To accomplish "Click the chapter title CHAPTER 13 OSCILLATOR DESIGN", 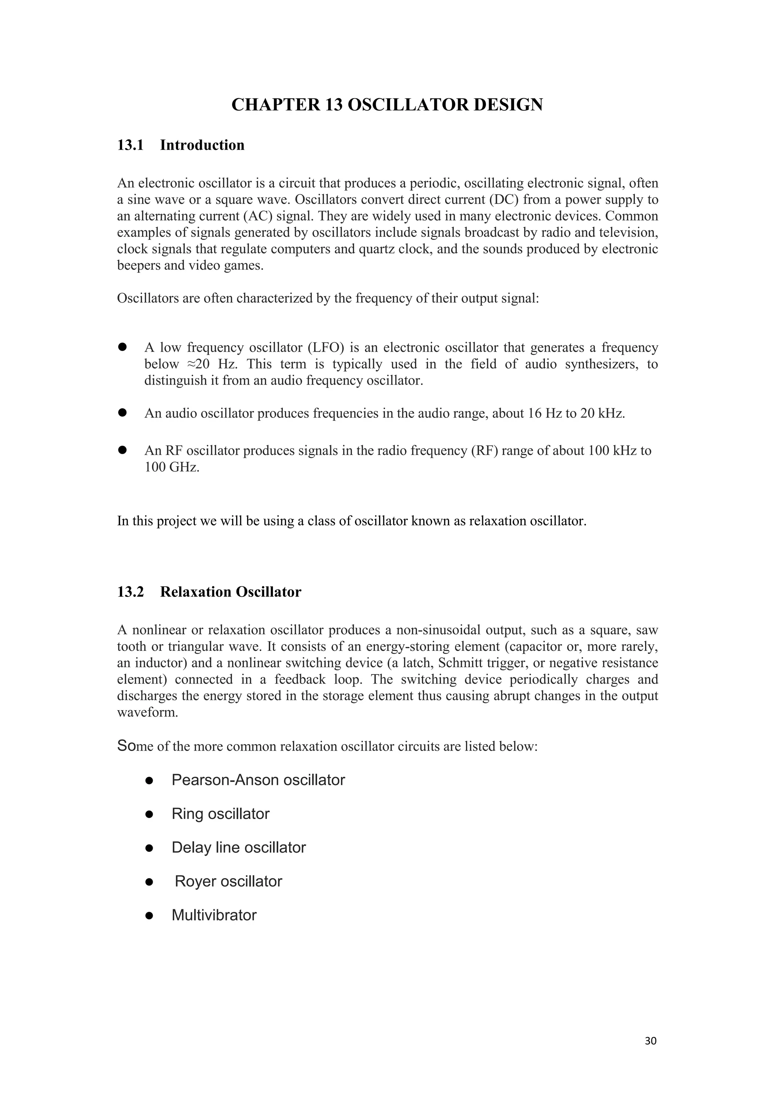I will [387, 105].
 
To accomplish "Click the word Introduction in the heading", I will [202, 145].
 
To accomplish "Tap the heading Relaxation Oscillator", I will [231, 592].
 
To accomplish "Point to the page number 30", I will [650, 1041].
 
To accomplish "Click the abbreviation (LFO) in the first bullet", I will [325, 348].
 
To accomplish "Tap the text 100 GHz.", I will [172, 467].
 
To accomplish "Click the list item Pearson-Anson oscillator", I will [258, 780].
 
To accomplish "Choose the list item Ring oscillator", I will [220, 814].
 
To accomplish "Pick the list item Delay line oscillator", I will [238, 848].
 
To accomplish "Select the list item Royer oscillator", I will [228, 881].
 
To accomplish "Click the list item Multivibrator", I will [214, 915].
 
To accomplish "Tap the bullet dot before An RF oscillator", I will [122, 450].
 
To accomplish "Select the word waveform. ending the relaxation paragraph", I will [147, 713].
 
